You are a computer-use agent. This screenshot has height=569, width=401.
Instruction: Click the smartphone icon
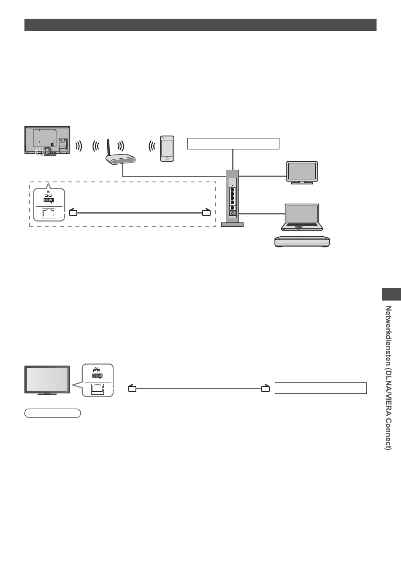pyautogui.click(x=167, y=148)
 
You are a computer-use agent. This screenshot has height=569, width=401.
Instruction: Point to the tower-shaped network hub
pyautogui.click(x=233, y=197)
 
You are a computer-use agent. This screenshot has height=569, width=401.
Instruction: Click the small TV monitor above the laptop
pyautogui.click(x=301, y=172)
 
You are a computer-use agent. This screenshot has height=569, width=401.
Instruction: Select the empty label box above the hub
pyautogui.click(x=233, y=144)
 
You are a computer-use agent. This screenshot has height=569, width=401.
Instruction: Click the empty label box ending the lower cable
pyautogui.click(x=320, y=388)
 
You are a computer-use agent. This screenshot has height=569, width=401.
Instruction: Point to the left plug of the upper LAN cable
pyautogui.click(x=73, y=212)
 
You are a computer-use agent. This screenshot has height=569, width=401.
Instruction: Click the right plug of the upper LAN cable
pyautogui.click(x=206, y=212)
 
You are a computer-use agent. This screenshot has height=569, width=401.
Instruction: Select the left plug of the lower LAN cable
pyautogui.click(x=132, y=388)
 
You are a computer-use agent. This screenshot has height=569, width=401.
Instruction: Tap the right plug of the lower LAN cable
pyautogui.click(x=265, y=388)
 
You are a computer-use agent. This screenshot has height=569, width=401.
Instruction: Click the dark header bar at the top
pyautogui.click(x=200, y=25)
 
